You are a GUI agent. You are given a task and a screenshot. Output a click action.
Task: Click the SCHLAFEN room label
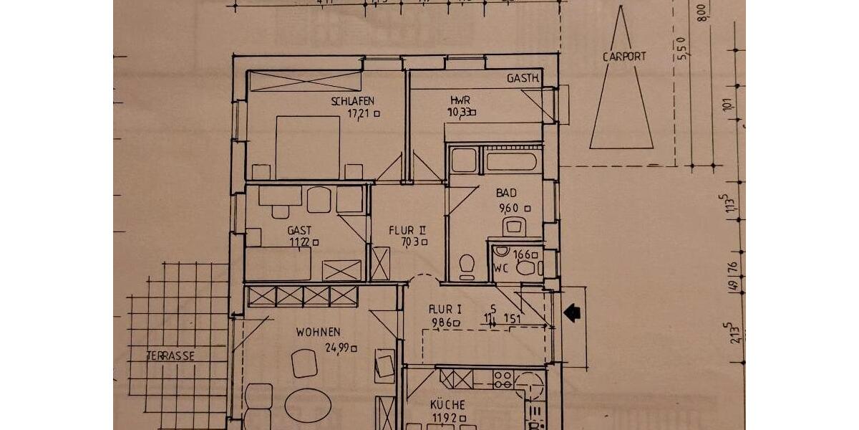(x=352, y=101)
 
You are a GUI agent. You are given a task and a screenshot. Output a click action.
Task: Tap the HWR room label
(x=460, y=100)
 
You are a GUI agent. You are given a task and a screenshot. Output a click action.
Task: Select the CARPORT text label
(x=623, y=57)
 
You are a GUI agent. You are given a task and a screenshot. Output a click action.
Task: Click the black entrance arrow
(x=572, y=312)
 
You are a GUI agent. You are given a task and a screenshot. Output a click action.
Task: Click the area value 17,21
(x=359, y=113)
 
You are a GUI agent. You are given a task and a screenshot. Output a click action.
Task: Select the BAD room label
(x=506, y=193)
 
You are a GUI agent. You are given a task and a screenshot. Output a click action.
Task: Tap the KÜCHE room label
(x=449, y=404)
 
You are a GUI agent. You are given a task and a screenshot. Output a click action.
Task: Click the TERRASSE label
(x=170, y=355)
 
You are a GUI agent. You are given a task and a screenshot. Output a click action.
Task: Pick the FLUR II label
(x=407, y=230)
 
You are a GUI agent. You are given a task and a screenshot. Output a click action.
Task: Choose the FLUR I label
(x=445, y=309)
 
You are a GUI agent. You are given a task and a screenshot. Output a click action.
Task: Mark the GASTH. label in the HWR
(x=523, y=79)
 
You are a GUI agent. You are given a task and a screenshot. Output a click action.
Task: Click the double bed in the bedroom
(x=307, y=147)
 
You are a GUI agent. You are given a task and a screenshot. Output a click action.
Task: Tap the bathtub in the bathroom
(x=511, y=161)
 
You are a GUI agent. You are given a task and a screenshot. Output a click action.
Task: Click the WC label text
(x=500, y=269)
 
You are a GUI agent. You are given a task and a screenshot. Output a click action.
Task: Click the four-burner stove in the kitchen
(x=503, y=378)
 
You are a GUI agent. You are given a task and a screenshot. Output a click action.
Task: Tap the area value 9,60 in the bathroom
(x=510, y=209)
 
